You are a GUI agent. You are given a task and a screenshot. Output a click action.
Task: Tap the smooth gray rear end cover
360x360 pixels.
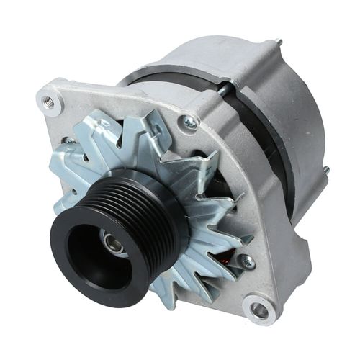coord(302,108)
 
